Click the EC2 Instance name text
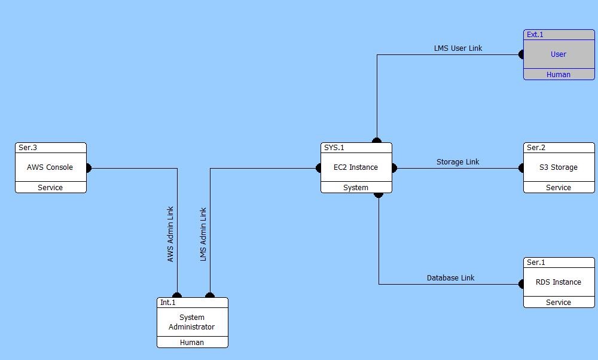coord(356,167)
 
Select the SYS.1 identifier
coord(334,148)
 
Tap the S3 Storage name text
coord(559,167)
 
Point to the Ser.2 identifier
coord(536,148)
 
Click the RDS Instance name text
coord(559,282)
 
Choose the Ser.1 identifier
coord(536,263)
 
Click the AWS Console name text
coord(50,167)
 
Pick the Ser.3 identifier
coord(28,148)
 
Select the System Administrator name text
coord(192,322)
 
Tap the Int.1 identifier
coord(168,303)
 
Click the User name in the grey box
coord(559,54)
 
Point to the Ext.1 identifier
coord(535,35)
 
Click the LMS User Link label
coord(458,48)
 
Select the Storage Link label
coord(458,162)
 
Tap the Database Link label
coord(451,278)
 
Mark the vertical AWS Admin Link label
coord(170,234)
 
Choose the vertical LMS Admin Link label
coord(203,234)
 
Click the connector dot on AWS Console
coord(89,168)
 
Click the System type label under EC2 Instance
coord(356,188)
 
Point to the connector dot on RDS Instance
coord(522,284)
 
